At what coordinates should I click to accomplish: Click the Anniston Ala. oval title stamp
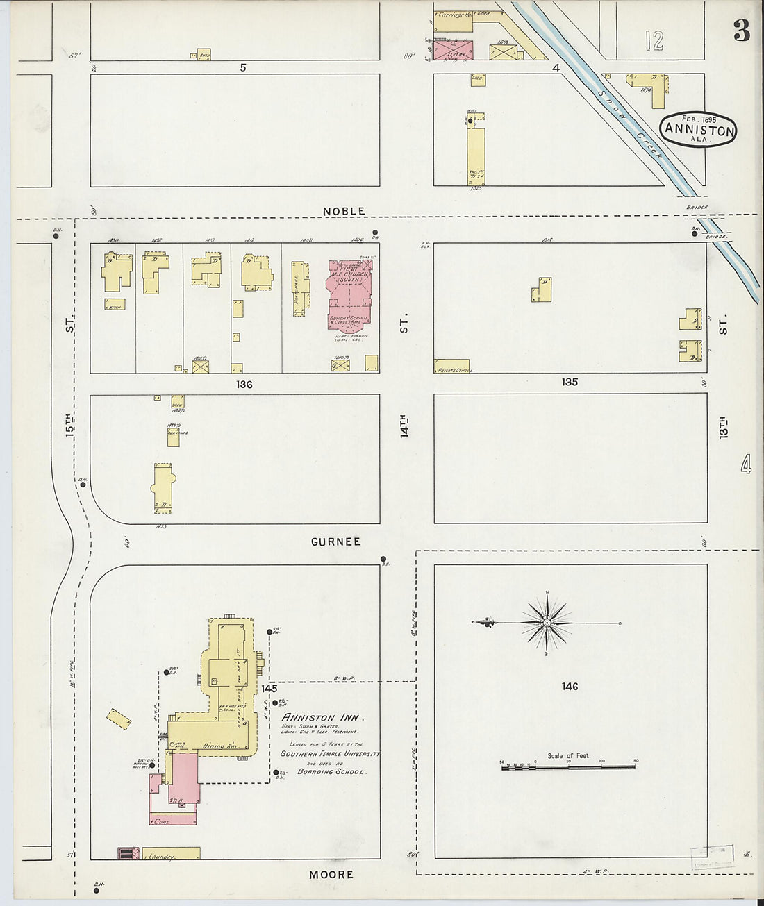point(698,129)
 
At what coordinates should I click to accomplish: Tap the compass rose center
point(547,623)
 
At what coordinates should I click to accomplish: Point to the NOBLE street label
point(344,211)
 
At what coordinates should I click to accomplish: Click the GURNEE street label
point(335,542)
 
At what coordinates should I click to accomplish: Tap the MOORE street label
point(331,875)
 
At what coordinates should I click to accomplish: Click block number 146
point(570,687)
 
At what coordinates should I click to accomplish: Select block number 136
point(244,385)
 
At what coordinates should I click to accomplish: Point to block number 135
point(570,382)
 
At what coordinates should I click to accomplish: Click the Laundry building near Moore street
point(167,855)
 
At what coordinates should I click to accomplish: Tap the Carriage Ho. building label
point(455,14)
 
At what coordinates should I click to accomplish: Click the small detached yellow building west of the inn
point(119,719)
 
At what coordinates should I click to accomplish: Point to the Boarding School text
point(330,771)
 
